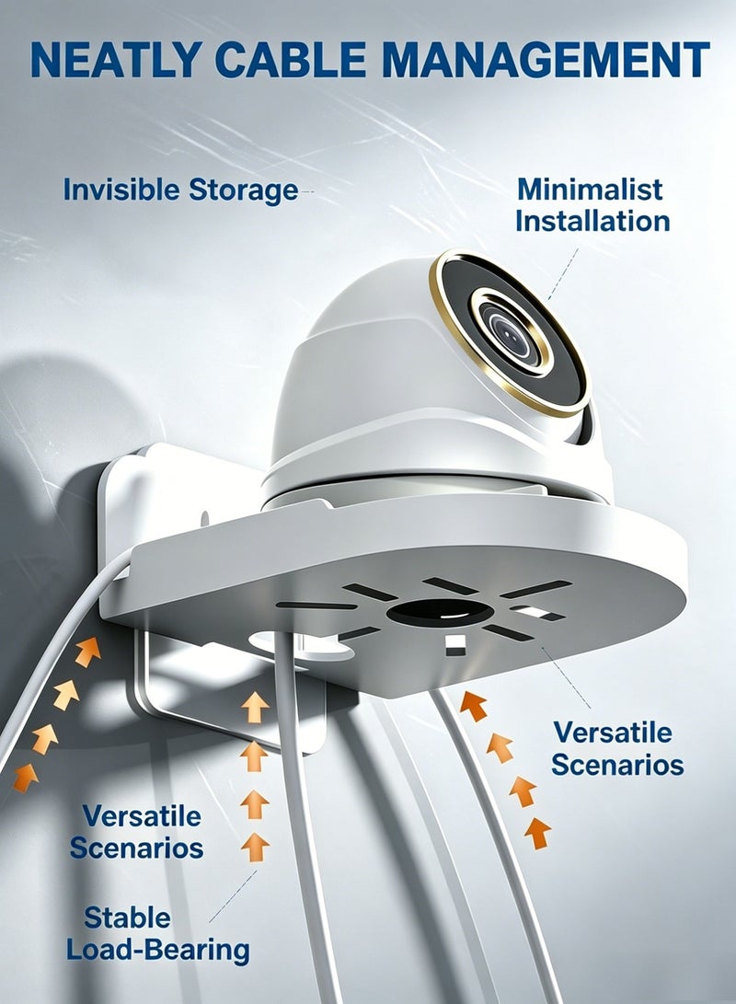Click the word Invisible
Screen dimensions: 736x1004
click(121, 190)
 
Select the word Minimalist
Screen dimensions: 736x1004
click(590, 189)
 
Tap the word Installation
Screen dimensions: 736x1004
click(592, 221)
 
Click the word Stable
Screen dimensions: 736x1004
click(127, 917)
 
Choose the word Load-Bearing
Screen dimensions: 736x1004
click(157, 951)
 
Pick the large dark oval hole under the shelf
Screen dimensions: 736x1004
click(441, 612)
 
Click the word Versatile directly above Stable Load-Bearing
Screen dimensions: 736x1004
click(142, 816)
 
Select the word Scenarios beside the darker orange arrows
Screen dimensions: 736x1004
click(617, 765)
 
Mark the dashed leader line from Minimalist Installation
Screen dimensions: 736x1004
click(563, 274)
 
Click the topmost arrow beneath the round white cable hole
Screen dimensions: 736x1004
click(255, 706)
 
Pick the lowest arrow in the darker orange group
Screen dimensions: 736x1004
click(537, 833)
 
